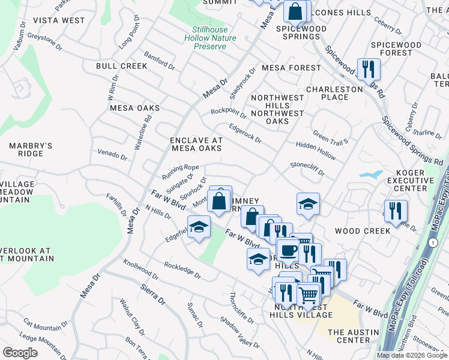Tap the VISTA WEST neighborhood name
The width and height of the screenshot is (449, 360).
59,20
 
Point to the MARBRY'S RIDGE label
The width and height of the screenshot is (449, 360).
31,149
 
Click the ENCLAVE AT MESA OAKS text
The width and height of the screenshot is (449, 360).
197,144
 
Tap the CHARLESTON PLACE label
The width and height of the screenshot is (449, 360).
335,93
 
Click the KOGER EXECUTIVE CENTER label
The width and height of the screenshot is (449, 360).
414,181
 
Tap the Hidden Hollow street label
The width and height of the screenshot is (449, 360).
316,150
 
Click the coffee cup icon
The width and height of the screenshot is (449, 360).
287,249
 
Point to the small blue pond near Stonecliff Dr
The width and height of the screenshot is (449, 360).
370,175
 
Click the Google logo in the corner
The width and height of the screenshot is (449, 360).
20,353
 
